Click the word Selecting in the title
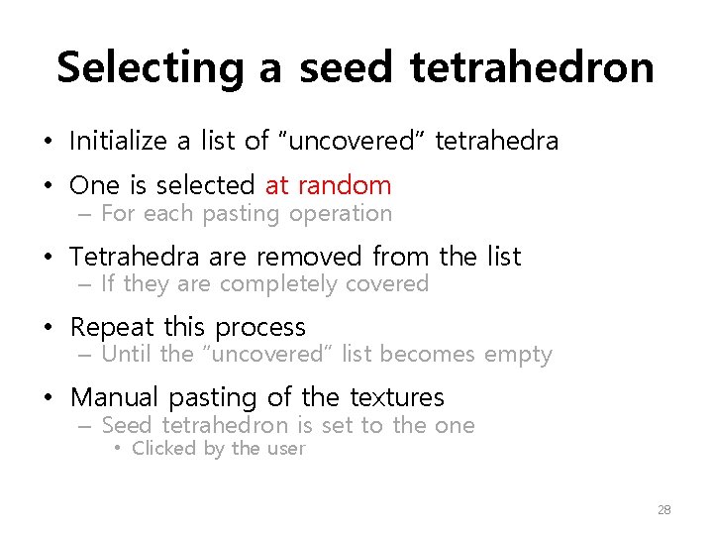(x=148, y=67)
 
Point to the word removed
(x=311, y=257)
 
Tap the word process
(x=260, y=328)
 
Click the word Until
(x=125, y=355)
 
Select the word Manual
(x=115, y=398)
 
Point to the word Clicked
(x=164, y=449)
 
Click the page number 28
(x=663, y=509)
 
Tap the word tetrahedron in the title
(x=531, y=67)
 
